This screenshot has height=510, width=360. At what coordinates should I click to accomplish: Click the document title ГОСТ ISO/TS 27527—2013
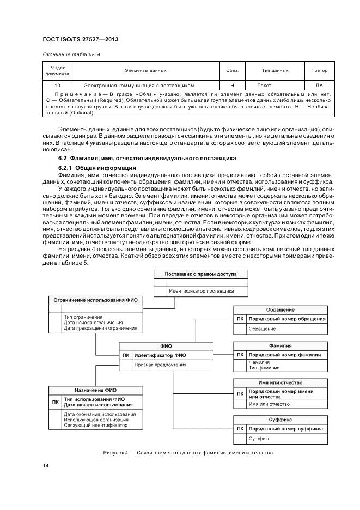81,40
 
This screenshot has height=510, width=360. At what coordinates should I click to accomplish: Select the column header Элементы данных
145,70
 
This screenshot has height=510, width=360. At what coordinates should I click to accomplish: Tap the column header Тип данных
275,70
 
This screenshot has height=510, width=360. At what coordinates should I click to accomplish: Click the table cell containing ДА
319,86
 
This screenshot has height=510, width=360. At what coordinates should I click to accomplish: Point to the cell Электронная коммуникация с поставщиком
139,86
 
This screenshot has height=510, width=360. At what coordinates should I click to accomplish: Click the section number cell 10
57,86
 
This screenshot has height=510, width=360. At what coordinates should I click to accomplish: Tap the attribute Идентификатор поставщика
201,291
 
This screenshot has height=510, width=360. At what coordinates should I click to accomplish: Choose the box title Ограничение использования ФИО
95,300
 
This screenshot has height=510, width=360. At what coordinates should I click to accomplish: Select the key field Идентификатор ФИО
160,355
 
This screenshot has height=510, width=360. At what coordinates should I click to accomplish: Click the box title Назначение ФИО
95,390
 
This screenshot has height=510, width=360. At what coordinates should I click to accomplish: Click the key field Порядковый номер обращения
286,319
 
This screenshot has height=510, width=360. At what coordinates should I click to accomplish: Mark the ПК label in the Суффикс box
240,429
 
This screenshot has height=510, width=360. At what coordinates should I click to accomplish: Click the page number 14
46,465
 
